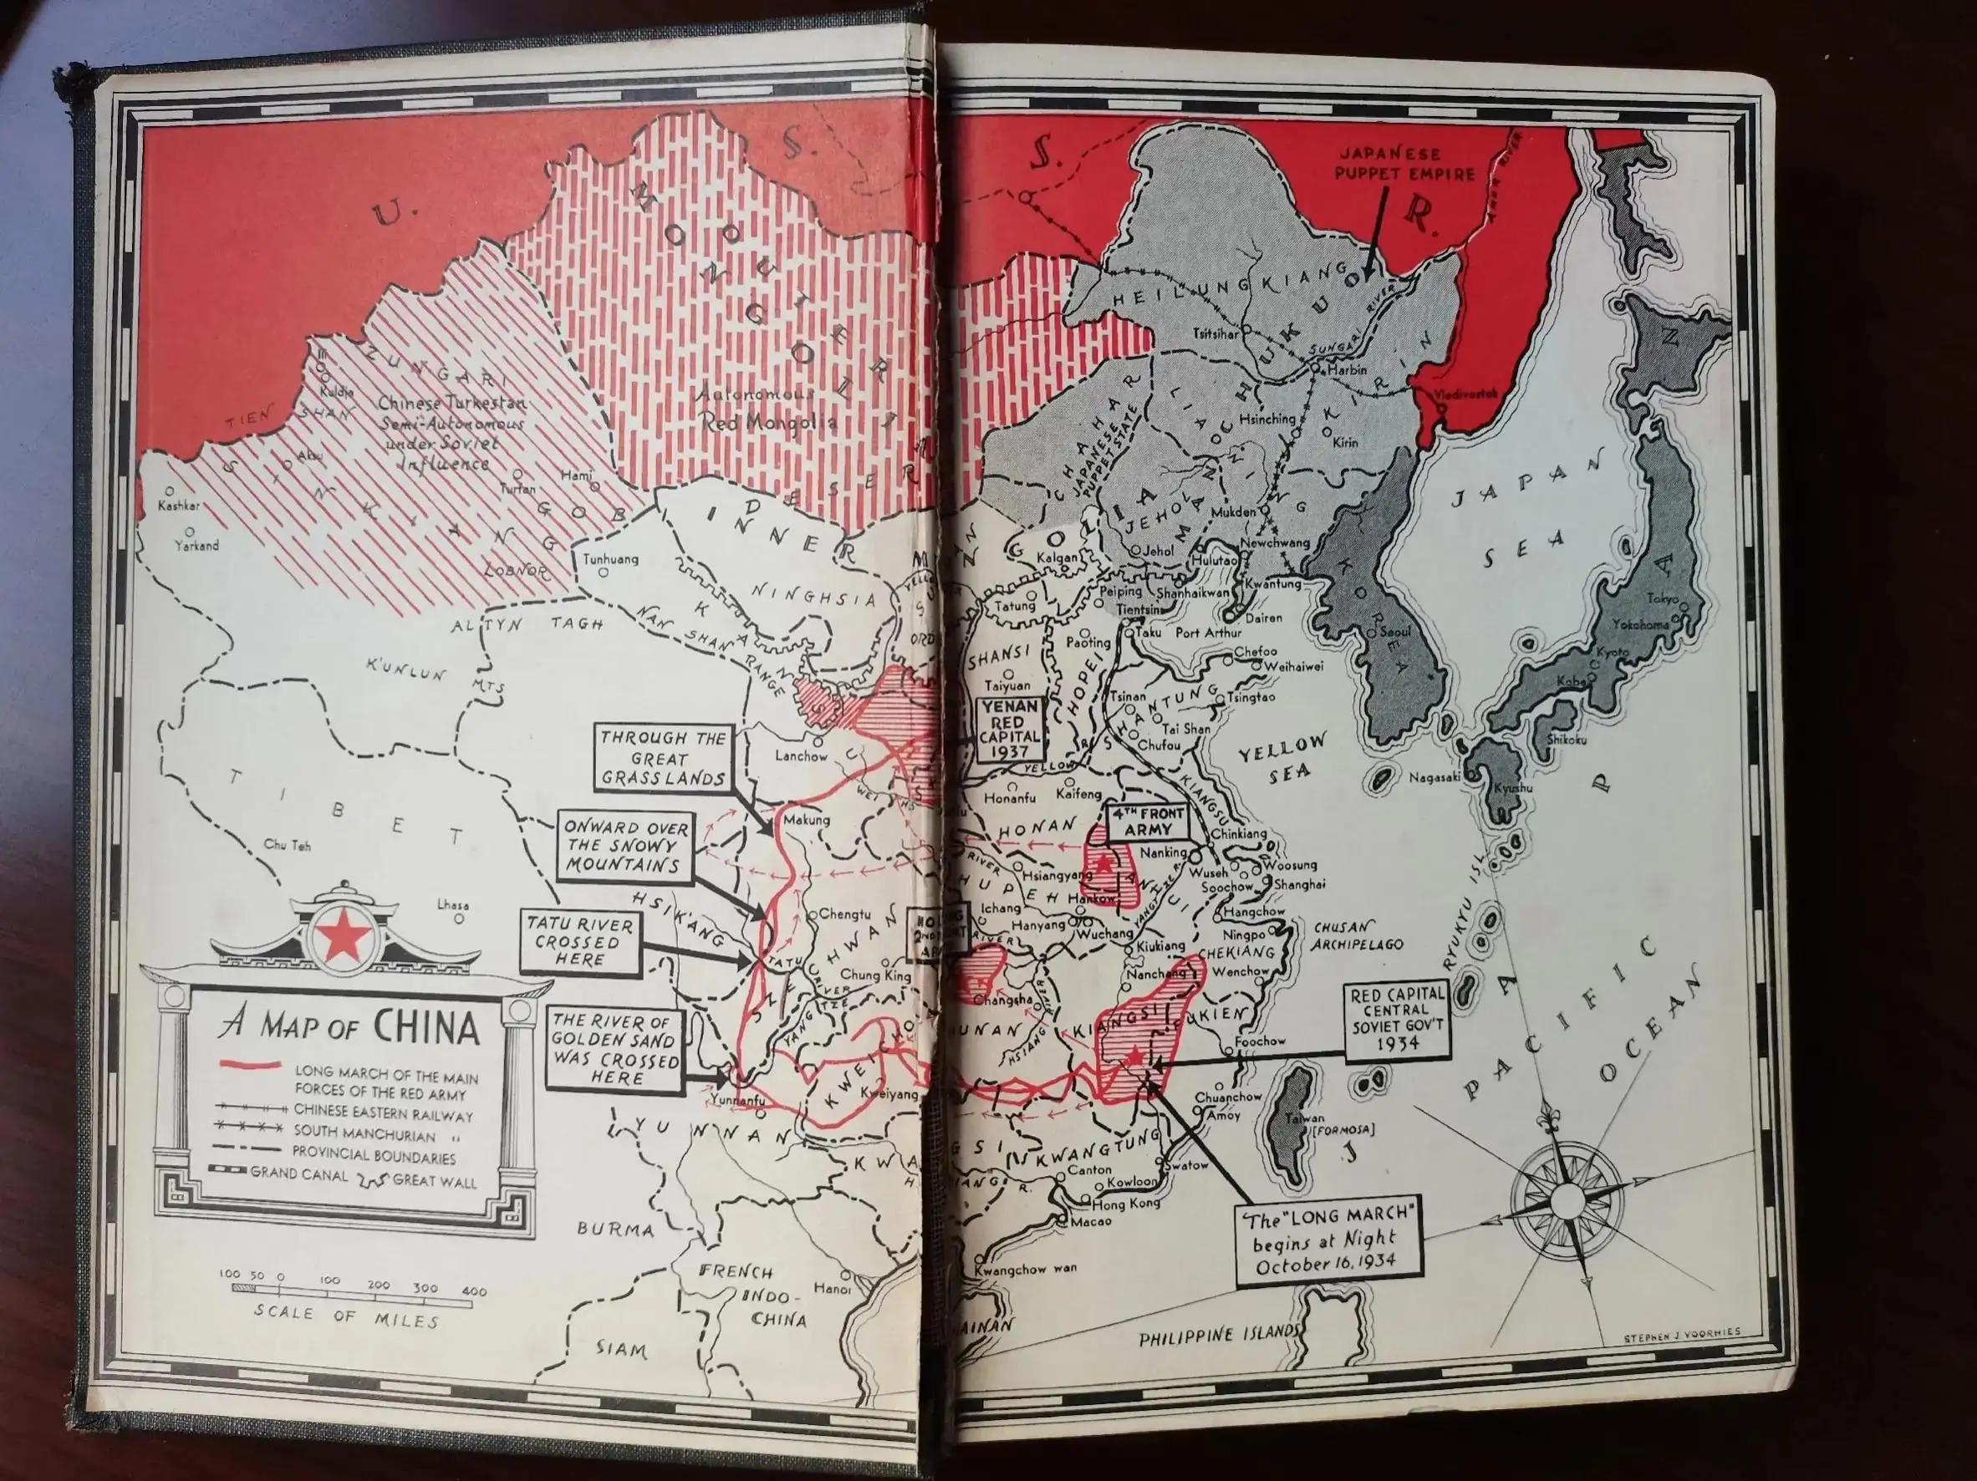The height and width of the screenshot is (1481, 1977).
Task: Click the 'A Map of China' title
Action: pyautogui.click(x=349, y=1028)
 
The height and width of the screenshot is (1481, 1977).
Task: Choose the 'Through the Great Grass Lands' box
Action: pyautogui.click(x=662, y=758)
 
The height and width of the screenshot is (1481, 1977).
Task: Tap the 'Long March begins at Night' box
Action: pyautogui.click(x=1329, y=1242)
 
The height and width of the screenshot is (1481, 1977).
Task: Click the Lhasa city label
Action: pyautogui.click(x=453, y=904)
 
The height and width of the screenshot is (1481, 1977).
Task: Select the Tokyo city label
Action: pyautogui.click(x=1664, y=598)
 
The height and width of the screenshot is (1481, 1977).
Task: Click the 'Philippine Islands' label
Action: pyautogui.click(x=1217, y=1337)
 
